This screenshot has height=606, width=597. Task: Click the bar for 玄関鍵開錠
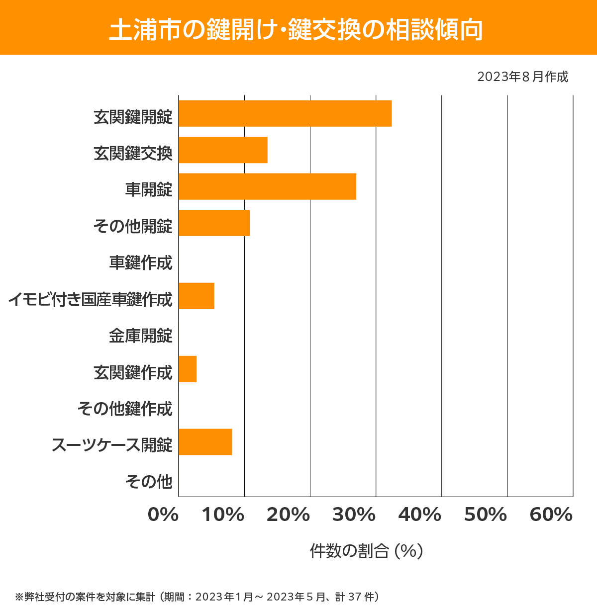click(285, 113)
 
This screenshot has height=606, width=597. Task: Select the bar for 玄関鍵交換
click(223, 150)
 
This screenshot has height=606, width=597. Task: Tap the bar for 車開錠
click(267, 186)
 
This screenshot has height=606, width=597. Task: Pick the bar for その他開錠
click(214, 223)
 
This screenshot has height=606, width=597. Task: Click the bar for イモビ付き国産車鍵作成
click(197, 296)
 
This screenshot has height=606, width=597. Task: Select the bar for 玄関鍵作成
click(188, 369)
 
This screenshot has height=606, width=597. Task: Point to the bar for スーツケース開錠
click(205, 441)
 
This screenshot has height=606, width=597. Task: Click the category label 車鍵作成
click(141, 262)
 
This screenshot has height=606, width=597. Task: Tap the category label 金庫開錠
click(141, 336)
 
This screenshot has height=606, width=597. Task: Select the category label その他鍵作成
click(125, 409)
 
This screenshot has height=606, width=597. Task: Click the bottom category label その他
click(149, 481)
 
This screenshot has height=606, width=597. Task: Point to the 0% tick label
click(163, 515)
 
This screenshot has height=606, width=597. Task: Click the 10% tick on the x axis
click(223, 515)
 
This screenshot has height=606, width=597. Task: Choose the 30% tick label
click(354, 515)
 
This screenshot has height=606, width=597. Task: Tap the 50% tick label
click(485, 515)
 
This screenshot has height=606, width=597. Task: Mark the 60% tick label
click(551, 515)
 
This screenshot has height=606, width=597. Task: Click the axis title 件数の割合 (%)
click(366, 551)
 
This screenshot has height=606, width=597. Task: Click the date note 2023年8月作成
click(522, 77)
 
